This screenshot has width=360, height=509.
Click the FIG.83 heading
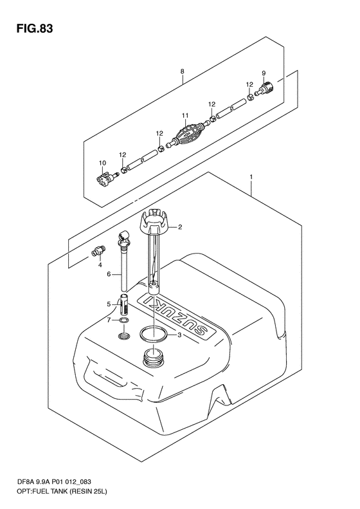[x=35, y=29]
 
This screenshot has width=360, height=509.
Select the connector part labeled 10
[x=105, y=178]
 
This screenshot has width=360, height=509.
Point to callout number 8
[x=183, y=71]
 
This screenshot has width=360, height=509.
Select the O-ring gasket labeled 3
[x=154, y=334]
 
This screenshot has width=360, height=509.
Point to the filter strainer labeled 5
[x=123, y=304]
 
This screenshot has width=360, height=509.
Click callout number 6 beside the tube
[x=109, y=274]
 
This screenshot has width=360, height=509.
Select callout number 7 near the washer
[x=109, y=320]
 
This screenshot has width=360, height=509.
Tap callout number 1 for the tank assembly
[x=251, y=177]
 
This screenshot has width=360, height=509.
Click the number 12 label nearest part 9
[x=249, y=85]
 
